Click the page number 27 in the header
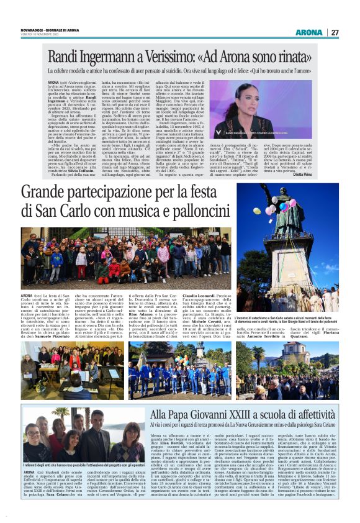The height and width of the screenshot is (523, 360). [335, 32]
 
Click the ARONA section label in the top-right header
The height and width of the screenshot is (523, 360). [308, 32]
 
